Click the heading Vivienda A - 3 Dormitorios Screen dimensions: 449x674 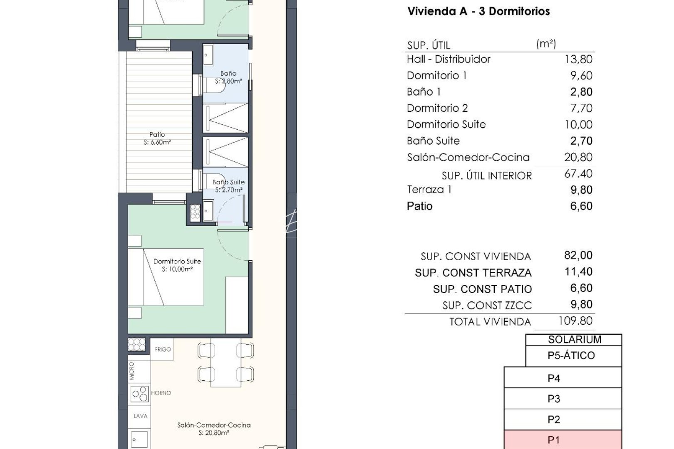pyautogui.click(x=478, y=11)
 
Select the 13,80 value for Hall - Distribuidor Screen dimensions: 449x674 pyautogui.click(x=578, y=59)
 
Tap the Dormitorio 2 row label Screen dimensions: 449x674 pyautogui.click(x=437, y=109)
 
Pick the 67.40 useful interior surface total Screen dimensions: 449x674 pyautogui.click(x=578, y=174)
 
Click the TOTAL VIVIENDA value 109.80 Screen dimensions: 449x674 pyautogui.click(x=575, y=321)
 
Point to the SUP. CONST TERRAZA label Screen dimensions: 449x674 pyautogui.click(x=473, y=273)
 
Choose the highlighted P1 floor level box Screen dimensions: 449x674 pyautogui.click(x=562, y=440)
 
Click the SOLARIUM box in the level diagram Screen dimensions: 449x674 pyautogui.click(x=574, y=340)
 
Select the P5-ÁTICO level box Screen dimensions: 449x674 pyautogui.click(x=571, y=355)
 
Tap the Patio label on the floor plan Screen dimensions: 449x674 pyautogui.click(x=157, y=135)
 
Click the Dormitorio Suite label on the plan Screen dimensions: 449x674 pyautogui.click(x=177, y=262)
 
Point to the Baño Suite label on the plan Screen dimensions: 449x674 pyautogui.click(x=228, y=182)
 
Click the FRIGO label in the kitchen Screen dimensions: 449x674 pyautogui.click(x=163, y=349)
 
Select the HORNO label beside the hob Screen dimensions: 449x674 pyautogui.click(x=161, y=393)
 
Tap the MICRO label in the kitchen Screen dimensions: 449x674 pyautogui.click(x=132, y=370)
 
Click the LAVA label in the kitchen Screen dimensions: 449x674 pyautogui.click(x=140, y=416)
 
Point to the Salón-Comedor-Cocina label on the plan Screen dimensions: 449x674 pyautogui.click(x=214, y=425)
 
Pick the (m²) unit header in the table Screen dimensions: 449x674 pyautogui.click(x=546, y=44)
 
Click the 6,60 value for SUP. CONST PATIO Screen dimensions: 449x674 pyautogui.click(x=581, y=288)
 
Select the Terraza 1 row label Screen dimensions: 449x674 pyautogui.click(x=429, y=190)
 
